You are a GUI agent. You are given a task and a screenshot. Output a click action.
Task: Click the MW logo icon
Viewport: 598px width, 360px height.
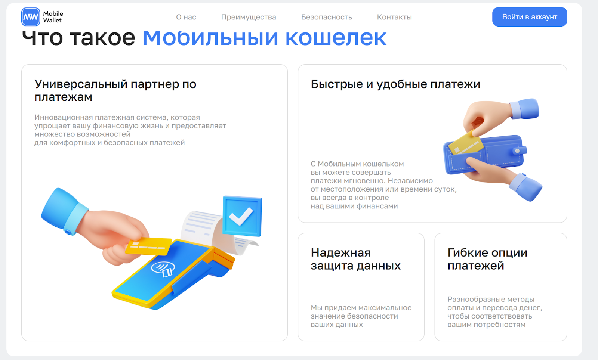pos(31,17)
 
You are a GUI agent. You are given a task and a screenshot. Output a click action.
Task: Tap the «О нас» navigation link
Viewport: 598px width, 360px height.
pos(186,17)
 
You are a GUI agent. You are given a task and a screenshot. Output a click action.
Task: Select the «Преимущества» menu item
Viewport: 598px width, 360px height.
pos(249,17)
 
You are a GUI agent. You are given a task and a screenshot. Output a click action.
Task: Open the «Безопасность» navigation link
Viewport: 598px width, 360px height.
pos(327,17)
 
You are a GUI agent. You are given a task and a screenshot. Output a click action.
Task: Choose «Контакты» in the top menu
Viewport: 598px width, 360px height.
pos(394,17)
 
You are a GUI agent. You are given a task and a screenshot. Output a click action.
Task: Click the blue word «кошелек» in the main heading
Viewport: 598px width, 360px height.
pos(336,38)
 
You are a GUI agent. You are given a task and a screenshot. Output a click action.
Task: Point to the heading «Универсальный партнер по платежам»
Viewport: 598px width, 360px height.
pos(115,90)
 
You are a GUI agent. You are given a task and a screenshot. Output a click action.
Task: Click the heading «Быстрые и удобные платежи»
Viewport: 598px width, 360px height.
pos(395,84)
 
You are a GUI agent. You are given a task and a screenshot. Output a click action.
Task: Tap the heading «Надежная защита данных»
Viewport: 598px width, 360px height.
pos(355,259)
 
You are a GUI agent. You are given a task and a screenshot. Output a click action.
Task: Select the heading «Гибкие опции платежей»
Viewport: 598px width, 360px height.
pos(487,259)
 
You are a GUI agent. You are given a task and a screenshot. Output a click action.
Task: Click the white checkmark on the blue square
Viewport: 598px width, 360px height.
pos(241,216)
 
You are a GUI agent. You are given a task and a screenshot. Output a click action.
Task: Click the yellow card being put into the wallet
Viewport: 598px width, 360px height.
pos(466,143)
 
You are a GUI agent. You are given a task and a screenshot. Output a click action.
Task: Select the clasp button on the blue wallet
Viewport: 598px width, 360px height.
pos(519,151)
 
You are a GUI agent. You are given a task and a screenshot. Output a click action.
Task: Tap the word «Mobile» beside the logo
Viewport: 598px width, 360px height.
pos(53,13)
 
